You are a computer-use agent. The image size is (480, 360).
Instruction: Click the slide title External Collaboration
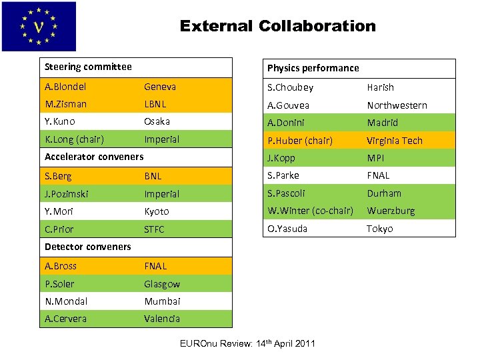[277, 27]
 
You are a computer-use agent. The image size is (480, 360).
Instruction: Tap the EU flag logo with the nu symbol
[39, 27]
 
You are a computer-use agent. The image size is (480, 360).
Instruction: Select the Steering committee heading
[88, 67]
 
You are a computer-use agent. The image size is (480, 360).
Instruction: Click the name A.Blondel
[65, 87]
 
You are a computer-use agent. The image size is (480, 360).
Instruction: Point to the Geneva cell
[160, 87]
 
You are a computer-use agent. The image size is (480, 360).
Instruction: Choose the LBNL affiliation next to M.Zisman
[155, 104]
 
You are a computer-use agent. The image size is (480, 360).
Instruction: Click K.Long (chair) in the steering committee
[74, 139]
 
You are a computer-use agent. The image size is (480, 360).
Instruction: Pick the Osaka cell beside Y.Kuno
[157, 121]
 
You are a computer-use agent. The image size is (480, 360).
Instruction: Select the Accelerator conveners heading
[94, 157]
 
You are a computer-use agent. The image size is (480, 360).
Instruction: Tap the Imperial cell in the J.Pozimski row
[162, 194]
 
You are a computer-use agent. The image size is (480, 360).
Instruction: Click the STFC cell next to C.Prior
[154, 229]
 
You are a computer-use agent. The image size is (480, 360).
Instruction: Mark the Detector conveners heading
[88, 247]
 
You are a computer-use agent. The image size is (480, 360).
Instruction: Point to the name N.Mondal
[66, 301]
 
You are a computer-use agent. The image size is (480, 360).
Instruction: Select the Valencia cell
[162, 319]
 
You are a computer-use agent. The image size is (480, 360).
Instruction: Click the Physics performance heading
[313, 68]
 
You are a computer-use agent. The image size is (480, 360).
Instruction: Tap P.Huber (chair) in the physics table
[300, 141]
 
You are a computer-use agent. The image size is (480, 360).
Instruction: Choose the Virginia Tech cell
[395, 141]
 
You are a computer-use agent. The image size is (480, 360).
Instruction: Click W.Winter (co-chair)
[310, 211]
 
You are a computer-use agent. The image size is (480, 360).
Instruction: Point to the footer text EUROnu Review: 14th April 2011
[248, 343]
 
